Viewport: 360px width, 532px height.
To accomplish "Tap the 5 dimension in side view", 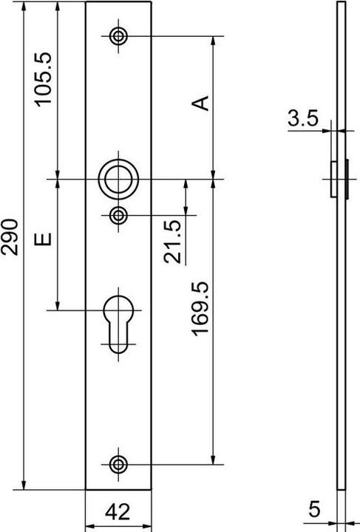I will click(x=313, y=509).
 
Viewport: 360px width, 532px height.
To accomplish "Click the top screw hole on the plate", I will click(x=118, y=35).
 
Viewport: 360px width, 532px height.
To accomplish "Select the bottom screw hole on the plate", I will click(x=118, y=463).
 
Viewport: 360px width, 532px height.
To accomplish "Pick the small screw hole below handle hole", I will click(x=118, y=215).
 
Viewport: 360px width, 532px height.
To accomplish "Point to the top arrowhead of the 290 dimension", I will click(x=24, y=6).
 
